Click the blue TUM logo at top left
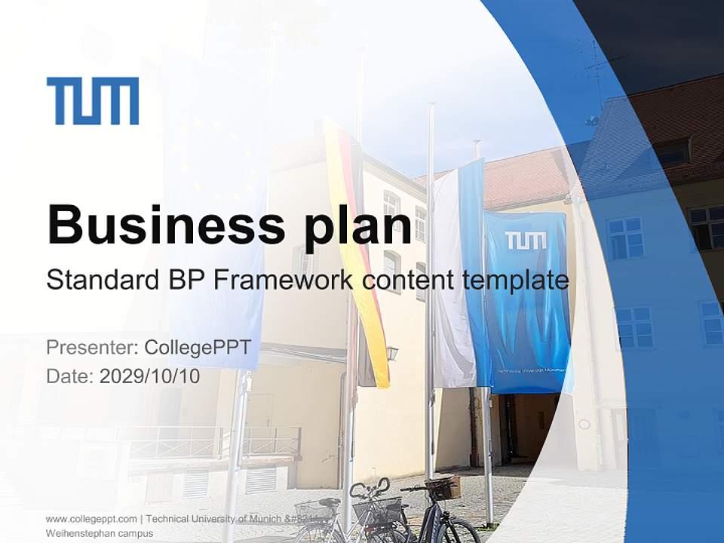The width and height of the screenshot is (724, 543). [x=93, y=100]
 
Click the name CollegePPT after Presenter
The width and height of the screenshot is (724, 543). [x=197, y=348]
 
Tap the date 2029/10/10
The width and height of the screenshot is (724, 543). [x=150, y=376]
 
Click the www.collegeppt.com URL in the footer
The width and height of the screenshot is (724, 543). [x=91, y=519]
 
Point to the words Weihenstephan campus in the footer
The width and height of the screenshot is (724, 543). [x=100, y=533]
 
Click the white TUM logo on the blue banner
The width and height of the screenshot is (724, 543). [x=526, y=241]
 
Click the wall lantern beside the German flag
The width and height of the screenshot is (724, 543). [x=391, y=352]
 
